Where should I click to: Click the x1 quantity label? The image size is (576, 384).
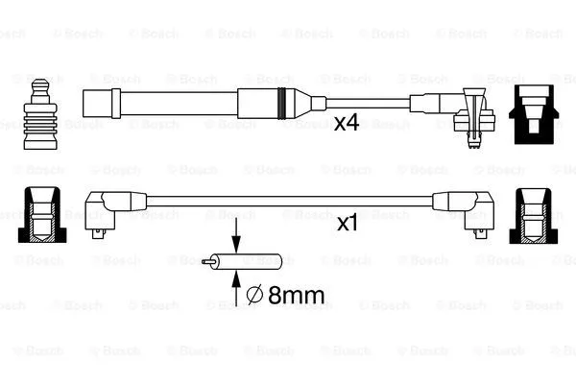pyautogui.click(x=348, y=223)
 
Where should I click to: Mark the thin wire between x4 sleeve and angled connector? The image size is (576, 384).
pyautogui.click(x=370, y=101)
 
